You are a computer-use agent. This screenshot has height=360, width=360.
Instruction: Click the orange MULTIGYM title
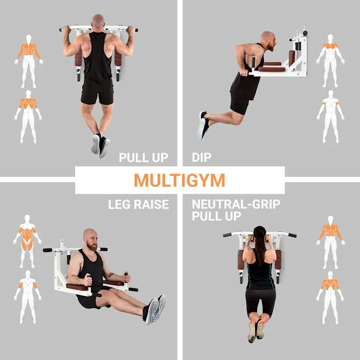pyautogui.click(x=179, y=180)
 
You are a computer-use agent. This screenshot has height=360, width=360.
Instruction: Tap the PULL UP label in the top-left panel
pyautogui.click(x=143, y=157)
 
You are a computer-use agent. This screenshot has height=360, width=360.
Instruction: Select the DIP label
pyautogui.click(x=202, y=157)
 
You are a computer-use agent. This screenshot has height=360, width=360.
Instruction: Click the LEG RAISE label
pyautogui.click(x=138, y=204)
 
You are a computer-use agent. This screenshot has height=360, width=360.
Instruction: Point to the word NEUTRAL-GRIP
pyautogui.click(x=236, y=204)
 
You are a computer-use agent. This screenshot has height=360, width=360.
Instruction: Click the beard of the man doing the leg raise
pyautogui.click(x=92, y=246)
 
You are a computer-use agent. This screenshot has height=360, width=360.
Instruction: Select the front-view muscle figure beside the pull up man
pyautogui.click(x=29, y=61)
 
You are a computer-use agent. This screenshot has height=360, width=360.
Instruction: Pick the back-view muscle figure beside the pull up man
pyautogui.click(x=28, y=117)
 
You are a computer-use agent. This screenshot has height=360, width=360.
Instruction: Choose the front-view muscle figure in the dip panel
pyautogui.click(x=330, y=61)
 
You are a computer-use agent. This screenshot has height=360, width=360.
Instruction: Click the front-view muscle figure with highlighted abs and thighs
pyautogui.click(x=27, y=241)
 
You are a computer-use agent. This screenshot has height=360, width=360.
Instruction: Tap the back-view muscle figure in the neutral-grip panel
pyautogui.click(x=330, y=298)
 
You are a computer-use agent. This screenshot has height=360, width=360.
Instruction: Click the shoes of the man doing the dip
pyautogui.click(x=203, y=125)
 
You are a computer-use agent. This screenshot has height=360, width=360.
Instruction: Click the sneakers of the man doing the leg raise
pyautogui.click(x=154, y=309)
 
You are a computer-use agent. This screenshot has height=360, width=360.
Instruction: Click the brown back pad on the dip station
pyautogui.click(x=292, y=58)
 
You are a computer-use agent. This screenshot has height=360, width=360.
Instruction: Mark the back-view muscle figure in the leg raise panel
pyautogui.click(x=28, y=297)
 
